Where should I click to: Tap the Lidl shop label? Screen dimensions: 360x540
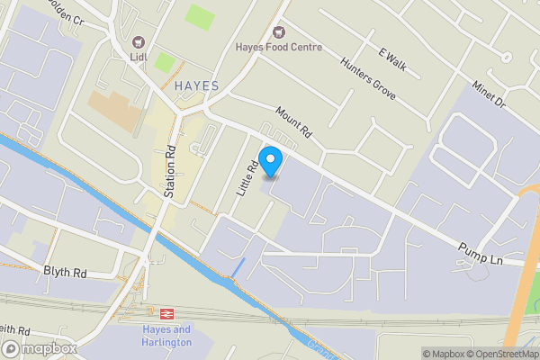coord(138,58)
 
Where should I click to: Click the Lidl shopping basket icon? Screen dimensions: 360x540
coord(138,41)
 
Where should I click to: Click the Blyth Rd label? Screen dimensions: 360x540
coord(65,270)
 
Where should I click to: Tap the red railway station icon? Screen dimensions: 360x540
coord(166,313)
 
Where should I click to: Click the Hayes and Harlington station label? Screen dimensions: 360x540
coord(166,336)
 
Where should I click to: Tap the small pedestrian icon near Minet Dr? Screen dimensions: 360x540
coord(507,58)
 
